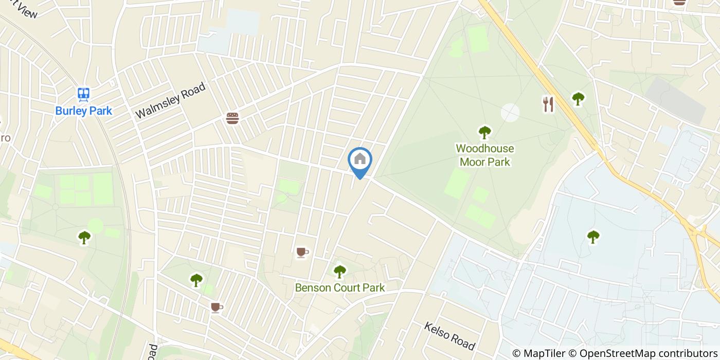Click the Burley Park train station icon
click(83, 94)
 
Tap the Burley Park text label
click(83, 111)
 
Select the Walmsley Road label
click(170, 101)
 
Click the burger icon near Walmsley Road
click(232, 118)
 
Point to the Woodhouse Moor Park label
click(484, 155)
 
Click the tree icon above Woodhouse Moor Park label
click(484, 133)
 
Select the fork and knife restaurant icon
click(548, 104)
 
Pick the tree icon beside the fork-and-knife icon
click(578, 98)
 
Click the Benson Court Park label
click(339, 287)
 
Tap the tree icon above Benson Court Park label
click(339, 271)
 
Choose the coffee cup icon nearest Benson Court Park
click(302, 252)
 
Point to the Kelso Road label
click(449, 334)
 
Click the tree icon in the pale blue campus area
click(593, 237)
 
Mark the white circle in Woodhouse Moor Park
click(510, 113)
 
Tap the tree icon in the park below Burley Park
click(84, 237)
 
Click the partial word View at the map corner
click(26, 10)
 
